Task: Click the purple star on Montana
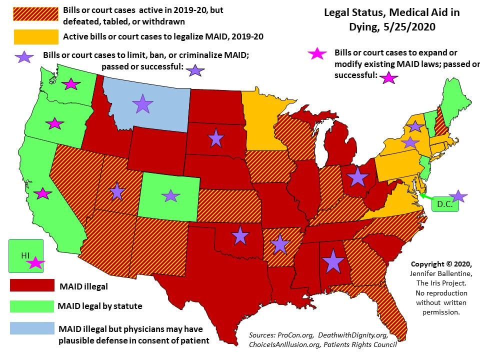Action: pos(142,104)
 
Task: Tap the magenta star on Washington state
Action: pos(71,84)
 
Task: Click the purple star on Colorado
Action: pos(170,195)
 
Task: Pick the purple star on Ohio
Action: pos(357,177)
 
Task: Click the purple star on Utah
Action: pos(116,191)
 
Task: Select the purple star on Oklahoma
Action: pos(240,235)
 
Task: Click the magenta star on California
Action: pos(43,193)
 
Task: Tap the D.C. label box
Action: pos(444,204)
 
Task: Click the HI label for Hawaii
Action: pos(25,255)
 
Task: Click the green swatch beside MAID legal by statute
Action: pos(32,306)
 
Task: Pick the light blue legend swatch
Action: pos(32,327)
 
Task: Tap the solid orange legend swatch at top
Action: pos(35,36)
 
